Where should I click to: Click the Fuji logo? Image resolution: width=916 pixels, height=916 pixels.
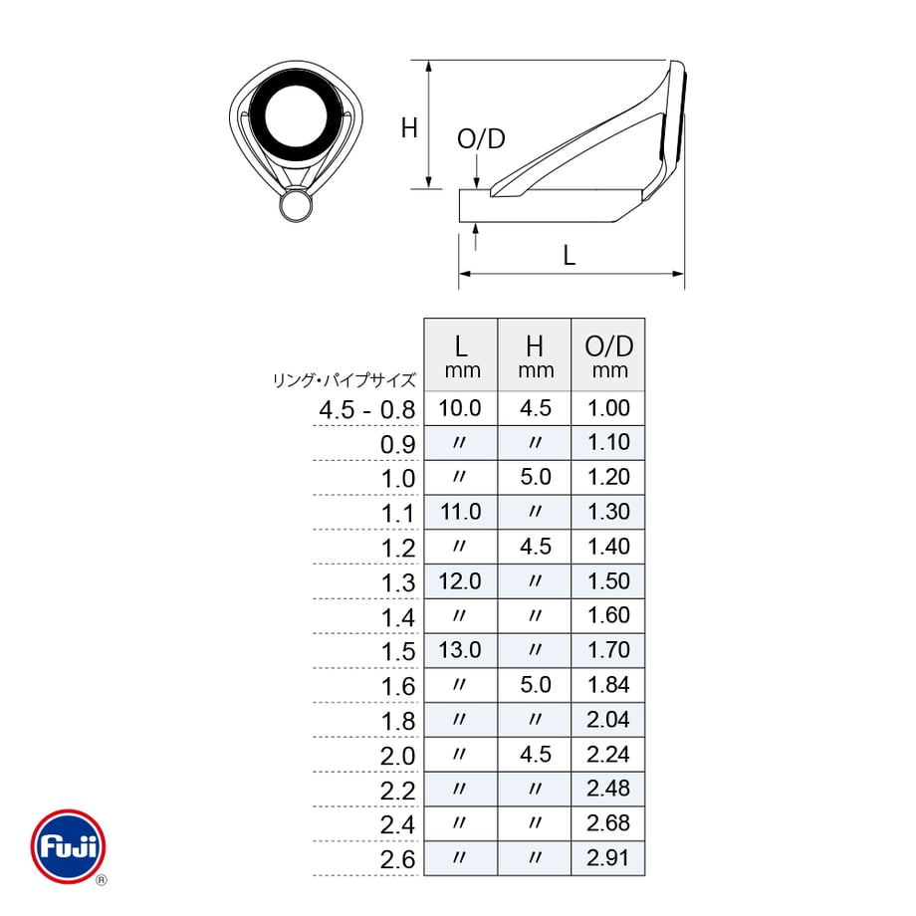point(69,846)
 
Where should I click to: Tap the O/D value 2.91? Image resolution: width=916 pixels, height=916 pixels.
point(608,858)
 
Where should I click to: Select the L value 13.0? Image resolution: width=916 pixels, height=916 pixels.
point(460,650)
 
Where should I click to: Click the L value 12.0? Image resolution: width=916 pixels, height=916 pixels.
point(460,581)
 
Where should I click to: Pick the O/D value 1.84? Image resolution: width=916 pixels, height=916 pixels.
point(608,685)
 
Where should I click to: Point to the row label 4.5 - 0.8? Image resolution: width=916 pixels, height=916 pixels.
point(366,410)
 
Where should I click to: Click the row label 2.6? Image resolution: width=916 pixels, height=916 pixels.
point(398,860)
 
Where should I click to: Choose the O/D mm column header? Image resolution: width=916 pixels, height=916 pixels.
point(608,355)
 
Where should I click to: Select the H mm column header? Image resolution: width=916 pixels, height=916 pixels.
point(535,355)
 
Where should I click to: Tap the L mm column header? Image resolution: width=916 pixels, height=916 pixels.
point(462,355)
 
